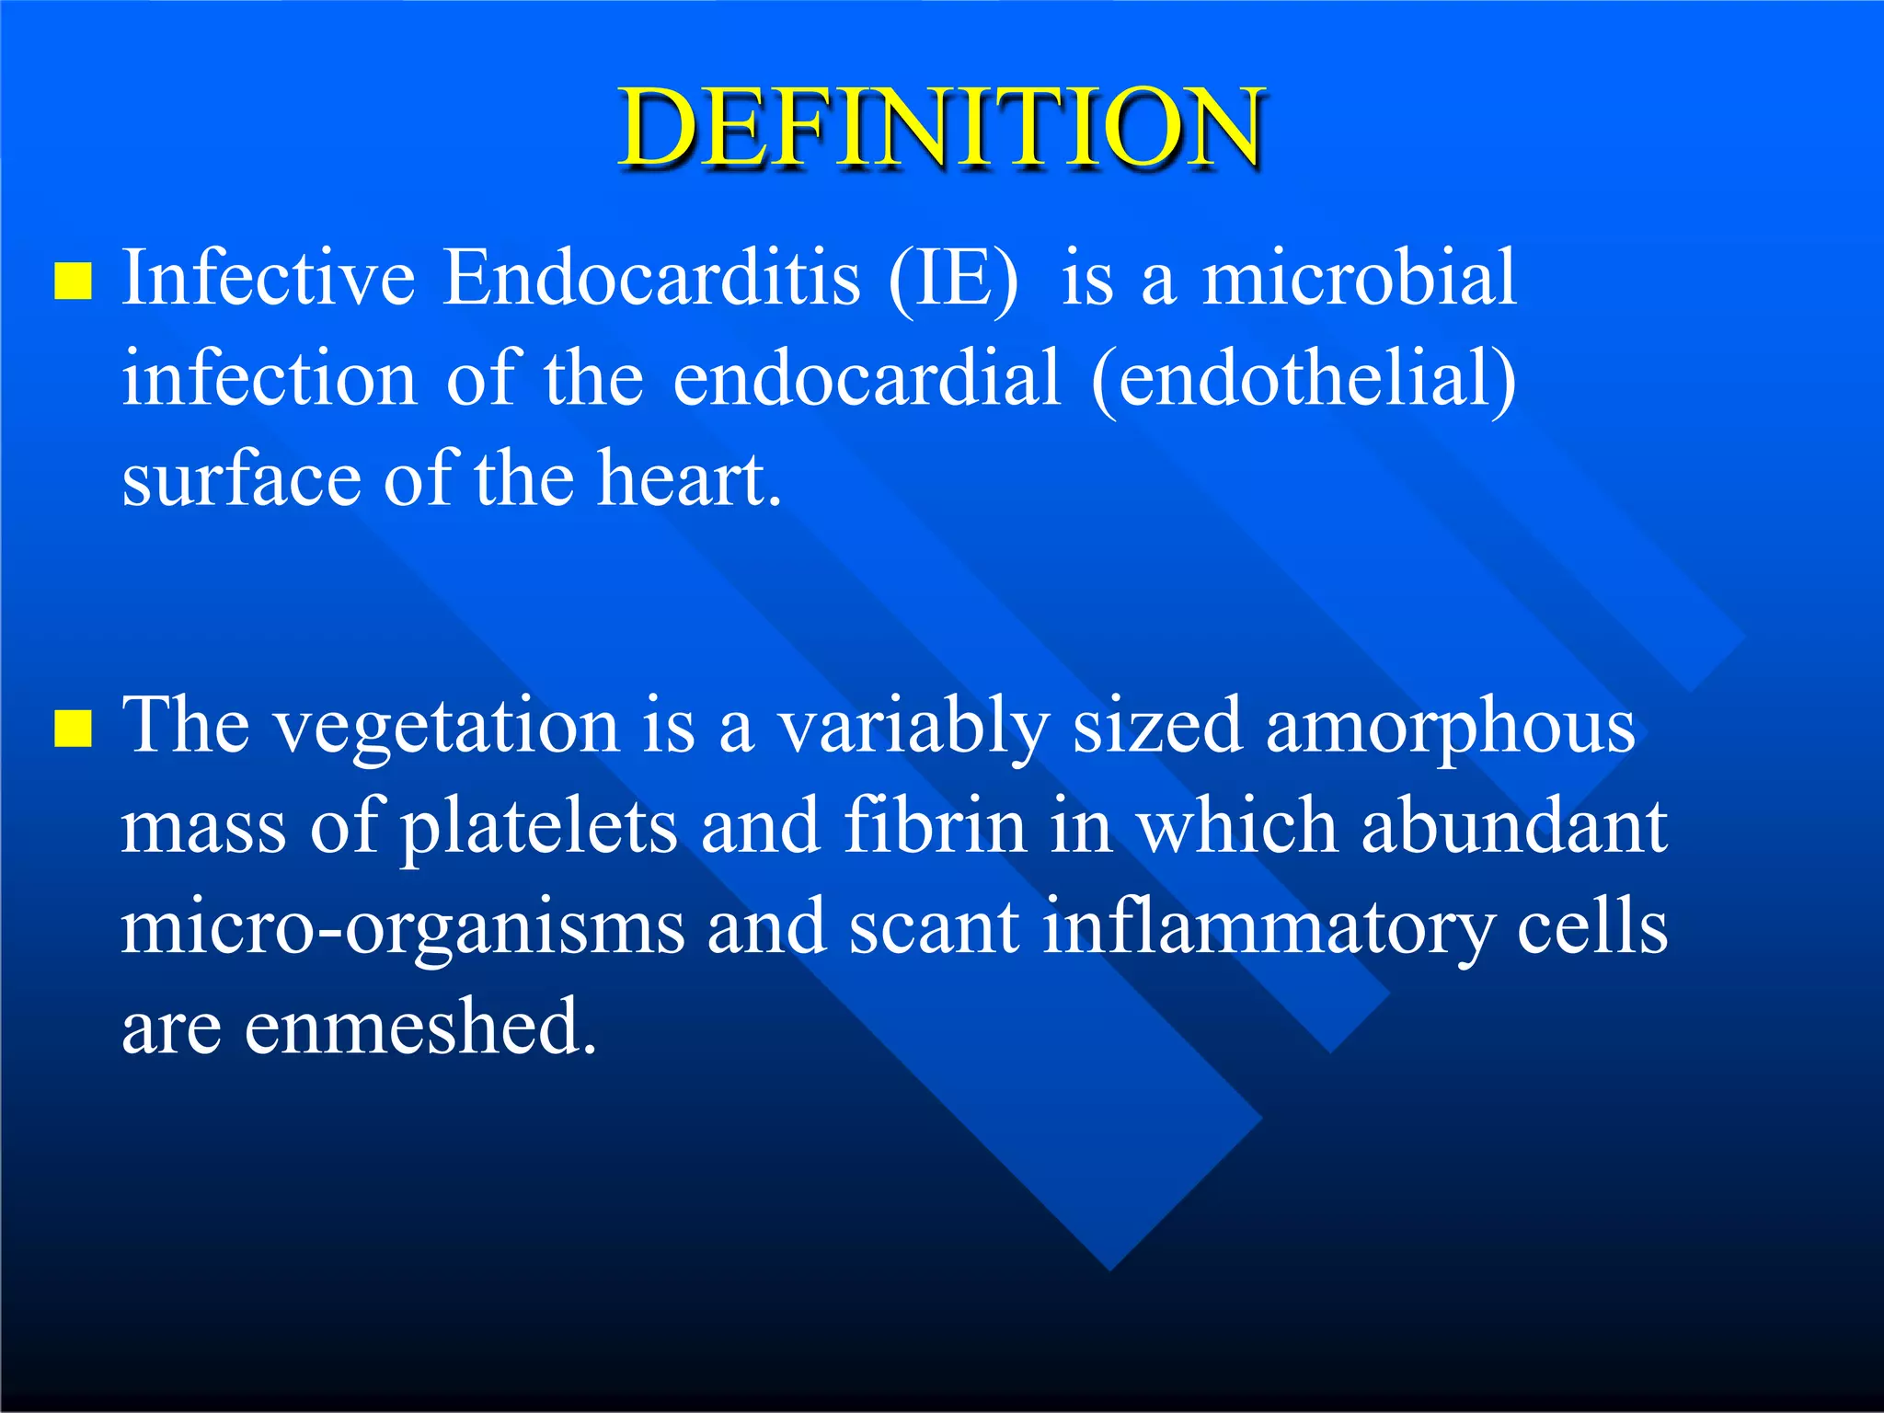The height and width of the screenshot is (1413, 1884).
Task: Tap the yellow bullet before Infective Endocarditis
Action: pyautogui.click(x=73, y=281)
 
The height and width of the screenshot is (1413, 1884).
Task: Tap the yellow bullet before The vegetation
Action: pyautogui.click(x=73, y=729)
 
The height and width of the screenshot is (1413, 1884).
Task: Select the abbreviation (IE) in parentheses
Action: pyautogui.click(x=953, y=280)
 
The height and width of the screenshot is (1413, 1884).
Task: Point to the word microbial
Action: pyautogui.click(x=1360, y=278)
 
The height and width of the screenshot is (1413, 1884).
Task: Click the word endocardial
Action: pyautogui.click(x=867, y=379)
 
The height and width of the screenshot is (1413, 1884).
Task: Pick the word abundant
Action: pyautogui.click(x=1514, y=826)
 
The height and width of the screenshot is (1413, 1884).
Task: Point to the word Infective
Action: pyautogui.click(x=269, y=278)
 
